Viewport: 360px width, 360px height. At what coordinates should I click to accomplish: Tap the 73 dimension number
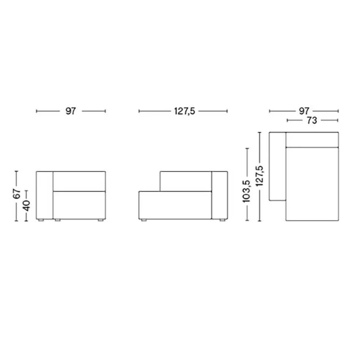[312, 120]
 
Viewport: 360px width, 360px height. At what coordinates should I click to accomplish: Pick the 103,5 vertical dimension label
[247, 190]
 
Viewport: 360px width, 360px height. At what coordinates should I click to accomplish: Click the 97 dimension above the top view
[304, 110]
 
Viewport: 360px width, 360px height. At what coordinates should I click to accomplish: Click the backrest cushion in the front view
[79, 181]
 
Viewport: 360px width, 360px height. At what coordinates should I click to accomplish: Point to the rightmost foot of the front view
[99, 220]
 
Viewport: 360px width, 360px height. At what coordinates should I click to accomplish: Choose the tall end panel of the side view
[220, 195]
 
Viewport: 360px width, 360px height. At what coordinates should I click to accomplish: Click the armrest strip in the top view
[277, 166]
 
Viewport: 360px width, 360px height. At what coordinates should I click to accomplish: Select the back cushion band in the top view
[312, 139]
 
